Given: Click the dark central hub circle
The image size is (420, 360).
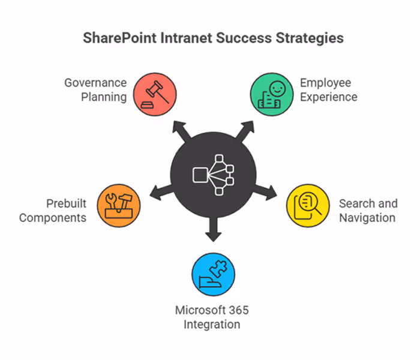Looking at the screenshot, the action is point(212,174).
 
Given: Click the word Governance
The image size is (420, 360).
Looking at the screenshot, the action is point(95,82).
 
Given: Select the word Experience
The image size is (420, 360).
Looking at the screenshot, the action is point(329,97).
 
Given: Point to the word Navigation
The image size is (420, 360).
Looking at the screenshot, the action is point(367,217).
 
